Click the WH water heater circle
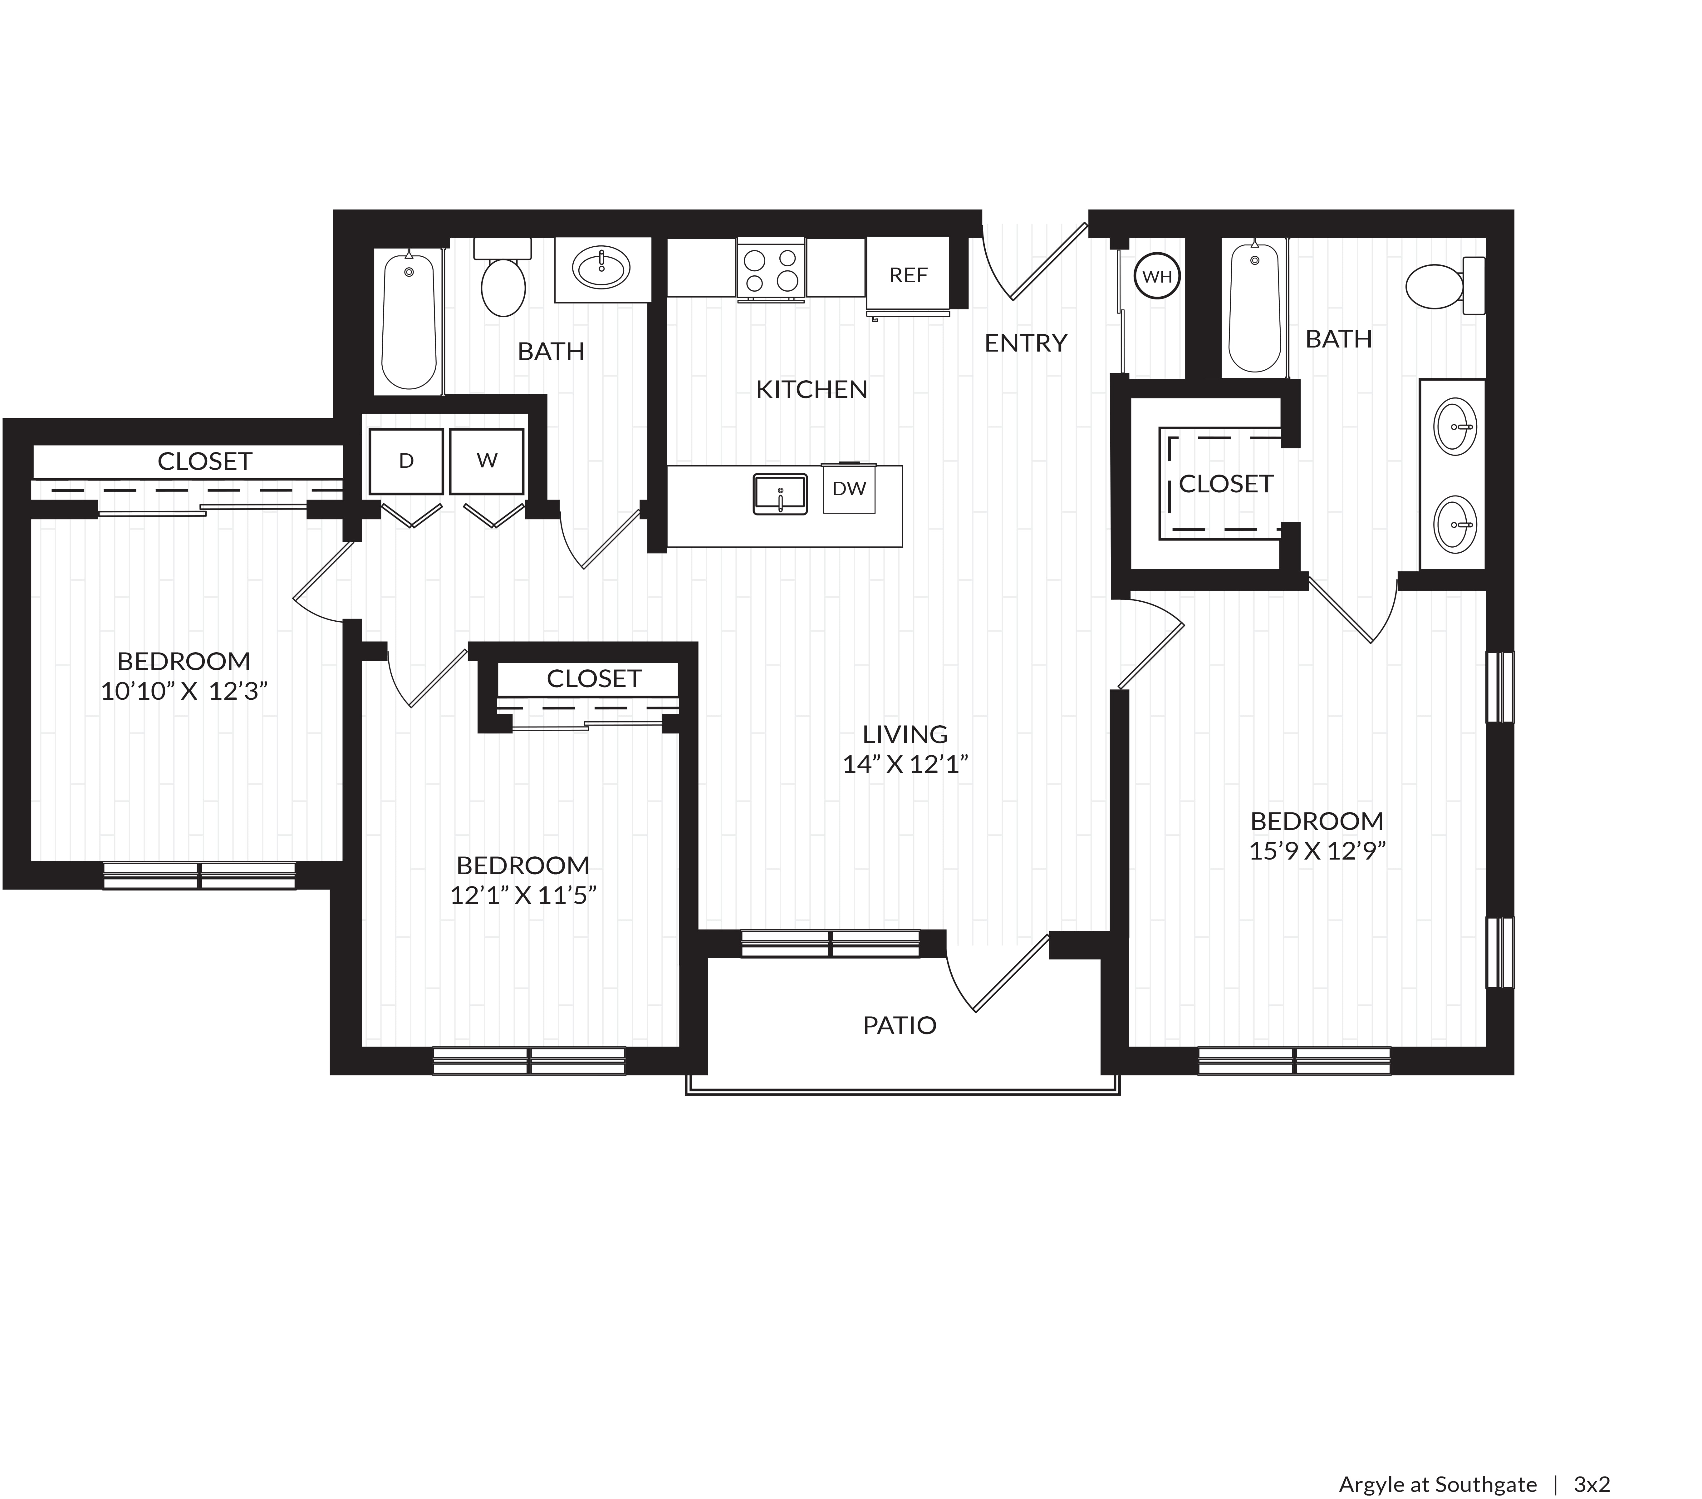pyautogui.click(x=1157, y=277)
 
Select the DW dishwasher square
pyautogui.click(x=849, y=489)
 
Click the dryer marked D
pyautogui.click(x=406, y=461)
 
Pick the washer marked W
pyautogui.click(x=487, y=461)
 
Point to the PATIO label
pyautogui.click(x=899, y=1025)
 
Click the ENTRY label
pyautogui.click(x=1026, y=342)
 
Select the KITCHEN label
pyautogui.click(x=812, y=389)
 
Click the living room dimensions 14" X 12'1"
pyautogui.click(x=905, y=764)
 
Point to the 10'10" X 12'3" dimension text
pyautogui.click(x=184, y=691)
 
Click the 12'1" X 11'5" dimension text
pyautogui.click(x=523, y=895)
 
